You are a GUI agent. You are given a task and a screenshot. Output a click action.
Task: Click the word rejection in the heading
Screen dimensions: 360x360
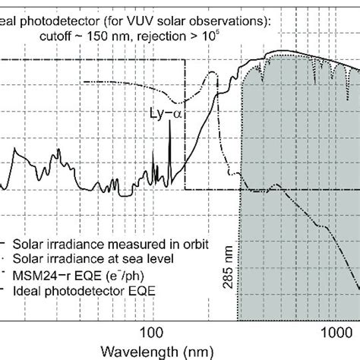point(186,28)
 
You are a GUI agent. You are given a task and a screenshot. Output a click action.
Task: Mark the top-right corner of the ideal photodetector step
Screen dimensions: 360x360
point(185,61)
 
